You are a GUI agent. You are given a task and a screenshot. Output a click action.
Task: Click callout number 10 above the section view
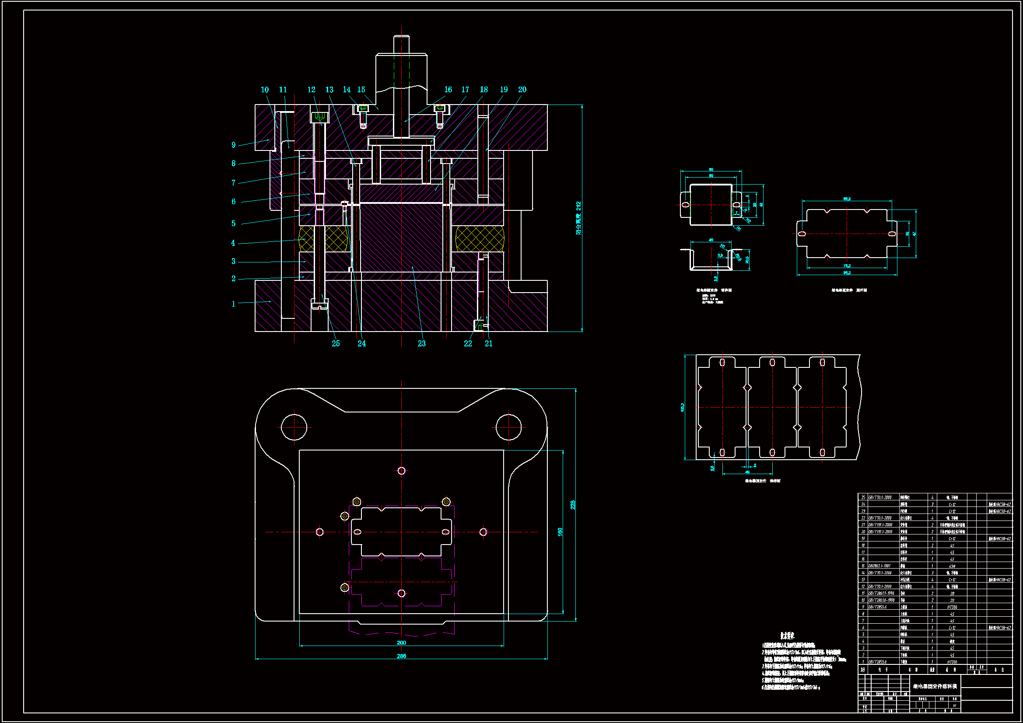tap(265, 90)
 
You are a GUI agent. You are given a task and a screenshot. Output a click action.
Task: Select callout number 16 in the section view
tap(448, 90)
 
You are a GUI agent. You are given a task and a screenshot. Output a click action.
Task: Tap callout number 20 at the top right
tap(522, 90)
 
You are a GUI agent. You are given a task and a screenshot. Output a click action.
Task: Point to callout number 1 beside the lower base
tap(233, 304)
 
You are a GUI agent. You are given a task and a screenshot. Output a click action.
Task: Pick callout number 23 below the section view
tap(421, 343)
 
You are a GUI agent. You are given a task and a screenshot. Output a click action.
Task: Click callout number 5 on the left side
tap(233, 224)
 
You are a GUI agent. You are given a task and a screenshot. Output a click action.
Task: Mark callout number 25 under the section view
tap(336, 343)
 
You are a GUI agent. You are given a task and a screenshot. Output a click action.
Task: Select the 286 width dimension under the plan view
tap(401, 656)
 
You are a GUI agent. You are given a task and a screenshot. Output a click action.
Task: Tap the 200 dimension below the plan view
tap(401, 643)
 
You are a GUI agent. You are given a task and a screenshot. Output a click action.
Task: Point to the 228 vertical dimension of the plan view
tap(573, 505)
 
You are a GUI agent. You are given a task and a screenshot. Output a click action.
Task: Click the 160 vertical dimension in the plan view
tap(560, 531)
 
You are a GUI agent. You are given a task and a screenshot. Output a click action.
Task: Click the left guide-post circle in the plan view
tap(294, 427)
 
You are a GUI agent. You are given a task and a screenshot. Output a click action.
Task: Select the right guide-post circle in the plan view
tap(508, 427)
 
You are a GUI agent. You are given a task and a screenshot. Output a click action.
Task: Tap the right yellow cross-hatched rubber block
tap(480, 239)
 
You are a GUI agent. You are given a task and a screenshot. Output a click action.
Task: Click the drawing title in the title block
tap(935, 686)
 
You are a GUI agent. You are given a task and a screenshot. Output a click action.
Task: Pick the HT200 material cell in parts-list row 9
tap(952, 607)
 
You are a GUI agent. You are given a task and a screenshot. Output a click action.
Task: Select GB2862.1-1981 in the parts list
tap(879, 566)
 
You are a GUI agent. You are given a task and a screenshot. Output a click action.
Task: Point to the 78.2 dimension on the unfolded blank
tap(847, 266)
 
